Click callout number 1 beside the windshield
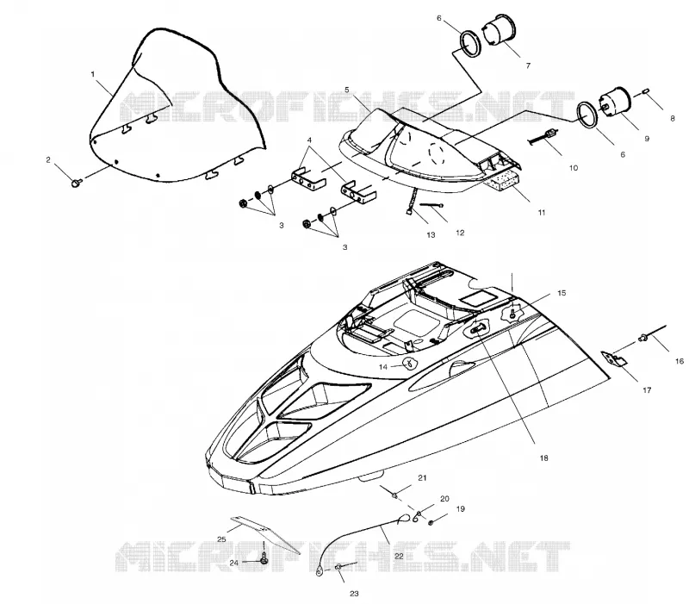(x=93, y=74)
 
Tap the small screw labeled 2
(x=76, y=182)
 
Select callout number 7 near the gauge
(x=528, y=65)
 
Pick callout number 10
(x=574, y=168)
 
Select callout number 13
(x=431, y=234)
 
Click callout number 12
(x=460, y=233)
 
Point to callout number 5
(x=347, y=90)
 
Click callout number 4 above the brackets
(x=309, y=140)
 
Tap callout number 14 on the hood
(x=383, y=366)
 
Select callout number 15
(x=562, y=293)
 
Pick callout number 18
(x=544, y=458)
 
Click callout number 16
(x=680, y=361)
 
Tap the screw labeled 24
(x=264, y=558)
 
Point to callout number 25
(x=221, y=539)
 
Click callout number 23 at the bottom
(x=354, y=594)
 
